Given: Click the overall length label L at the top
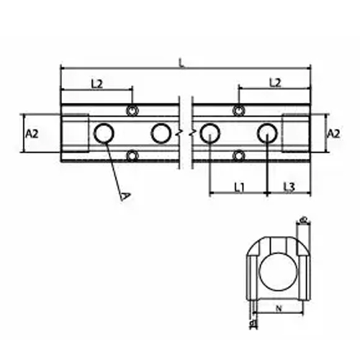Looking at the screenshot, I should point(181,63).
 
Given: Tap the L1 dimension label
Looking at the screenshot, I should point(240,187).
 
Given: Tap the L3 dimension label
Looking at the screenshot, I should point(289,187).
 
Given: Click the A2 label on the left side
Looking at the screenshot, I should point(32,134).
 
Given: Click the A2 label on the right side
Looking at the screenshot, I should point(333,134).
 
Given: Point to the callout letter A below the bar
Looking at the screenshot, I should point(125,195).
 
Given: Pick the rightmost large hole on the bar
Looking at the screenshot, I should point(267,132).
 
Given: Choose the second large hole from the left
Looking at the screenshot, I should point(161,132).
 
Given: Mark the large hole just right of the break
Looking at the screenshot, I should point(210,132).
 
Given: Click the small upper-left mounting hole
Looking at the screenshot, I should point(132,110).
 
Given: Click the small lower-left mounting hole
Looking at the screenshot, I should point(132,155).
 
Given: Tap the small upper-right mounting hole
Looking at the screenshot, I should point(239,110).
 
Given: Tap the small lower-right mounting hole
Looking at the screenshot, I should point(239,155).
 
